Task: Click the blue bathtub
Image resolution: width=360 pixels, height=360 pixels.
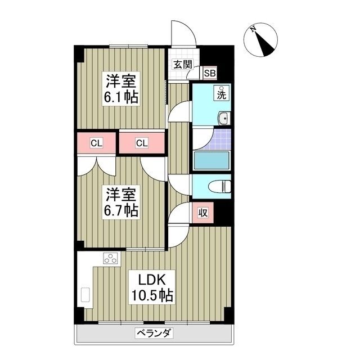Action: pos(211,160)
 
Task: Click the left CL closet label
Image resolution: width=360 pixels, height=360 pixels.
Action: pos(97,143)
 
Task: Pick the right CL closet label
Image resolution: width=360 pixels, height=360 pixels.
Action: pos(142,143)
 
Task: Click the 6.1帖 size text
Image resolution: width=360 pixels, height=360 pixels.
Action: pos(120,97)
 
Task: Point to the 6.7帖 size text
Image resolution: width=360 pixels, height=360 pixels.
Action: pos(120,211)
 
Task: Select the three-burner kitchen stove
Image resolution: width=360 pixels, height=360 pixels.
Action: pos(110,259)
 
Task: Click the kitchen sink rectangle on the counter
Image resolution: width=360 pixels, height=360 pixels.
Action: pos(85,295)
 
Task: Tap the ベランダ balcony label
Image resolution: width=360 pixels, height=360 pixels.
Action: pos(154,333)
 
